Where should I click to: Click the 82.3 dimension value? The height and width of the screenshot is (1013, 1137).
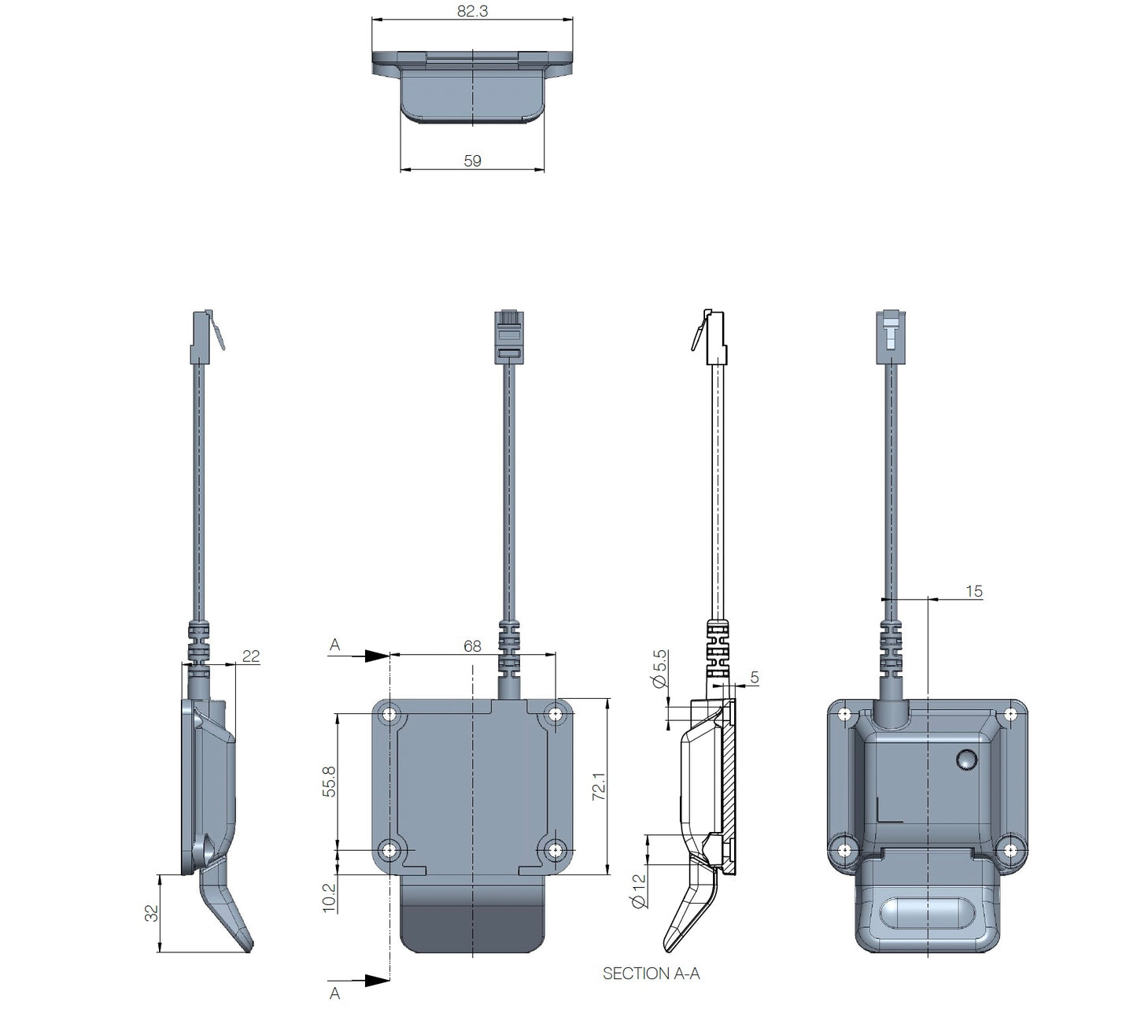click(x=471, y=12)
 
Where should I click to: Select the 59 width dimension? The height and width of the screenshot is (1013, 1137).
click(x=472, y=161)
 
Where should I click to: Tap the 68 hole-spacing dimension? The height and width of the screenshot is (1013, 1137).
click(x=472, y=646)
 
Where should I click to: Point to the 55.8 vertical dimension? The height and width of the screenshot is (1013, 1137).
click(x=330, y=782)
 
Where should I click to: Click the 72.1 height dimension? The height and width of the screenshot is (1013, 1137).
click(x=598, y=786)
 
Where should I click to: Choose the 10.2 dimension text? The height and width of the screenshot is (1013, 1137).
click(x=330, y=897)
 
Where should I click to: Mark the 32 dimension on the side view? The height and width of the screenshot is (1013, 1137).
click(x=152, y=913)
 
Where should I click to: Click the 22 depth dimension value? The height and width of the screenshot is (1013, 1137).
click(x=250, y=656)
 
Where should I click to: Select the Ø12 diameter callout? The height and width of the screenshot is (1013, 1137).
click(x=639, y=890)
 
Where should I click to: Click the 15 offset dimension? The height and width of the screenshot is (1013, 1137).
click(x=973, y=591)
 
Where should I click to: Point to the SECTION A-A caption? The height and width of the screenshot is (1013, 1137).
click(x=651, y=974)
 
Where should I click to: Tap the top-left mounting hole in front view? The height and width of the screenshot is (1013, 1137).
click(x=389, y=715)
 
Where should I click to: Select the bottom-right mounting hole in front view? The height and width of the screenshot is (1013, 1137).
click(x=556, y=851)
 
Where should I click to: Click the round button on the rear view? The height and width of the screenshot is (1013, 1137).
click(x=965, y=760)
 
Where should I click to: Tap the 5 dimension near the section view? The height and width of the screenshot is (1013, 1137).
click(x=755, y=677)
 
